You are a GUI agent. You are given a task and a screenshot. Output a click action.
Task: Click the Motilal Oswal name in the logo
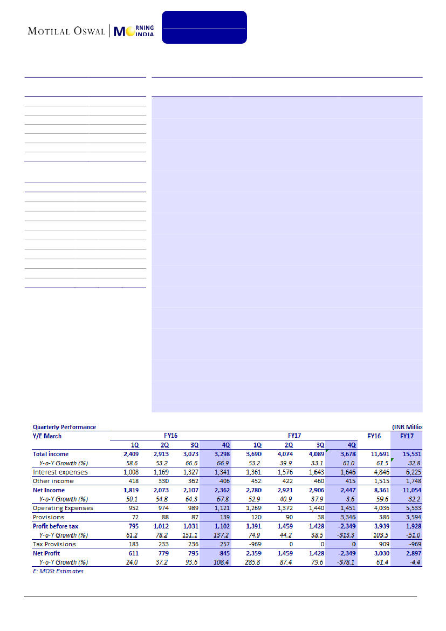click(x=67, y=31)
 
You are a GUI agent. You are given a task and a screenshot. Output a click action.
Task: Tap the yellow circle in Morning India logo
click(x=130, y=31)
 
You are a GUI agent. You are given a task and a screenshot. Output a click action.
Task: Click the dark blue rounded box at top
click(x=204, y=27)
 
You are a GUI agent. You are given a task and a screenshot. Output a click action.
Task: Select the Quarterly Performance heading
click(x=64, y=427)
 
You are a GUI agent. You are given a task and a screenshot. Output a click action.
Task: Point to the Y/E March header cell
click(x=47, y=436)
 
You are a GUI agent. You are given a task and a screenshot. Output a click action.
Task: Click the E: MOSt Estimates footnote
click(x=58, y=571)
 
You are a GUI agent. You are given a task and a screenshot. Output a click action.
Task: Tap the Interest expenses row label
click(x=60, y=472)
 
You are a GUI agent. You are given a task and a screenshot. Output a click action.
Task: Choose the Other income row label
click(x=53, y=481)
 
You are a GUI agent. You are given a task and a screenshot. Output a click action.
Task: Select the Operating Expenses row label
click(x=63, y=508)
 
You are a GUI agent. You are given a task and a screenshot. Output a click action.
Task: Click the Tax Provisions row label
click(x=54, y=544)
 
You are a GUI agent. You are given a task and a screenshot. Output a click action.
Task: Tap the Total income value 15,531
click(x=404, y=454)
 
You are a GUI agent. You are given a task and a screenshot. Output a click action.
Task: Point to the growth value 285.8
click(x=253, y=562)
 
